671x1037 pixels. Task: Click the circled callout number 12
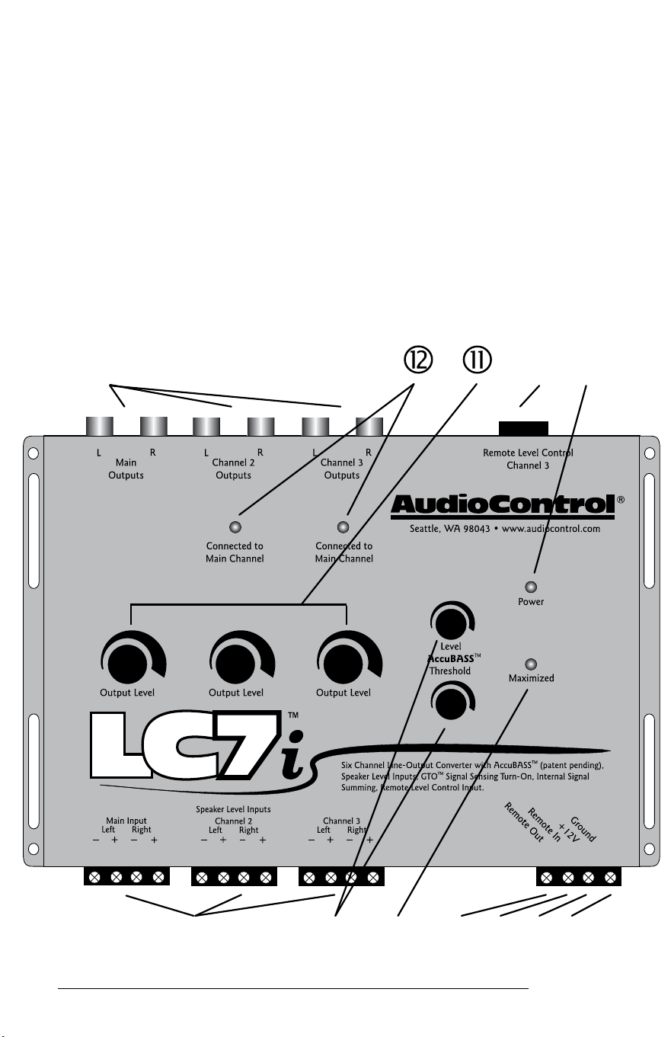point(418,360)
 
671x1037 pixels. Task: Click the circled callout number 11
point(477,360)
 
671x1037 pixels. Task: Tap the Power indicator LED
point(531,587)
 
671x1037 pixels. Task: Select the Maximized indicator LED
point(531,664)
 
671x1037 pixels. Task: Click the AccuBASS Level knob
point(451,623)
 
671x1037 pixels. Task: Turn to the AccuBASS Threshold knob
point(451,703)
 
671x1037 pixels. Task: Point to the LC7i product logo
point(197,744)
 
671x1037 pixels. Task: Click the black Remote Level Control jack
point(523,428)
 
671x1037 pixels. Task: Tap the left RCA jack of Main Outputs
point(100,426)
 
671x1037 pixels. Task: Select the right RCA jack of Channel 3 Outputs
point(369,427)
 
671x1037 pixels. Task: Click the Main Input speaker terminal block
point(126,876)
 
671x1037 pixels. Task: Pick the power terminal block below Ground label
point(578,877)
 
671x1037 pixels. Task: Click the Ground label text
point(583,829)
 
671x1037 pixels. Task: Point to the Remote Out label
point(524,822)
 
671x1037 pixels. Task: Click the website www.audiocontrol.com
point(551,529)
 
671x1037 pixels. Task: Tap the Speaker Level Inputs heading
point(233,809)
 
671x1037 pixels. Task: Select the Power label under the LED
point(531,601)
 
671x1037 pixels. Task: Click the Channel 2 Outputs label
point(233,469)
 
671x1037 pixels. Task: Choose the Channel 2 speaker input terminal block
point(234,876)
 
